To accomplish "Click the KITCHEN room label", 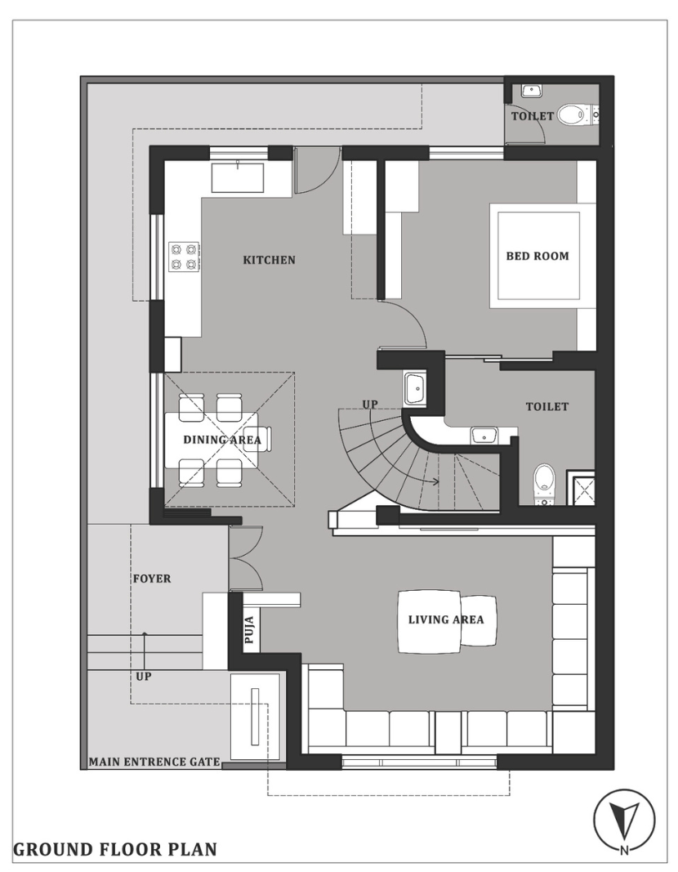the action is point(269,260).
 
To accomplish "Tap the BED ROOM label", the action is point(537,257).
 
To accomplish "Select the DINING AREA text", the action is point(221,440).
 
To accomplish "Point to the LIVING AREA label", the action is point(446,619).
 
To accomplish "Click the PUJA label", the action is point(249,629).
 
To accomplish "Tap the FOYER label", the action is point(152,579).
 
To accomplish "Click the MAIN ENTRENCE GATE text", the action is point(154,762).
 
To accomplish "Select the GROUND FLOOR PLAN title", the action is point(115,849).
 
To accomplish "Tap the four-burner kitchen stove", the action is point(185,257).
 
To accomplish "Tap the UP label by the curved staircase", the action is point(370,405).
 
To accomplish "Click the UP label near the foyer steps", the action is point(144,677).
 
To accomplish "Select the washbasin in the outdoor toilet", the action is point(532,91).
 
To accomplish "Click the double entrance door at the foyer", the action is point(246,558).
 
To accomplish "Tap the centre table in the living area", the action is point(429,621).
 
